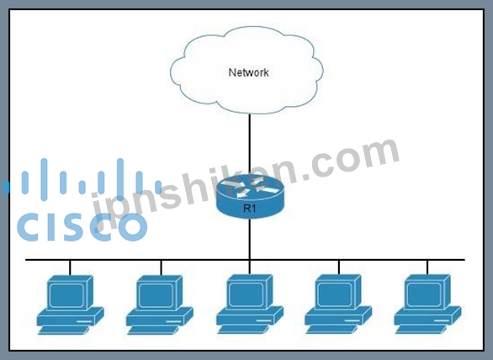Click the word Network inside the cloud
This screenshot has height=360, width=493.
coord(248,72)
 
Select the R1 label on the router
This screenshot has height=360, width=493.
coord(249,208)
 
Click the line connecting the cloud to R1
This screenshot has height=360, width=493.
coord(250,144)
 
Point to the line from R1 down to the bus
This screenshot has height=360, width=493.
coord(250,239)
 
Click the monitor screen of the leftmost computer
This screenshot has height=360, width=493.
coord(67,295)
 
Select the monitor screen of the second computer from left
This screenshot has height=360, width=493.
coord(156,295)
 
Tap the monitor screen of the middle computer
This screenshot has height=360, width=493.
coord(246,294)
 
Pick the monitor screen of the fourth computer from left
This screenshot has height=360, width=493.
coord(335,294)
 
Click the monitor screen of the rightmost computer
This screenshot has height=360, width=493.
coord(424,294)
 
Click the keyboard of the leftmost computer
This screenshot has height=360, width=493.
coord(64,330)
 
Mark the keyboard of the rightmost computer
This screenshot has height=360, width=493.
coord(421,329)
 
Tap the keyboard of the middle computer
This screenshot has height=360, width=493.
coord(243,329)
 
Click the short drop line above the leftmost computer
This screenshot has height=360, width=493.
coord(70,268)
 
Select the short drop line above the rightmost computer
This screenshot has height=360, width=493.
coord(427,267)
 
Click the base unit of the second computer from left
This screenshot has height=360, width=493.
coord(159,316)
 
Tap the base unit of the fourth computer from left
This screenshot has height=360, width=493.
coord(338,315)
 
